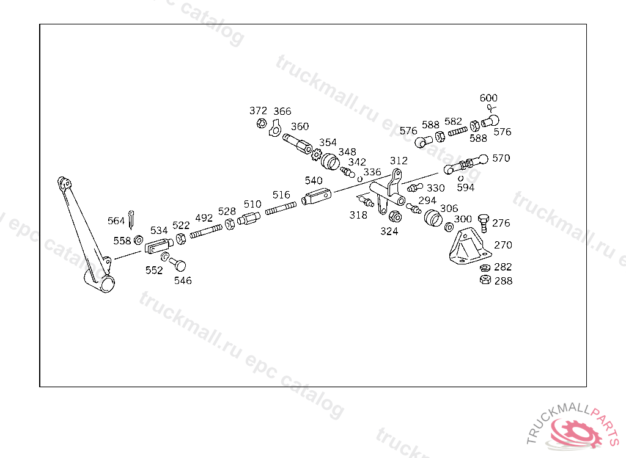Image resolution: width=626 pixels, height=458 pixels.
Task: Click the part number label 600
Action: [x=488, y=98]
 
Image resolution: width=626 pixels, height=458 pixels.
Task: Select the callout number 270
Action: [x=503, y=245]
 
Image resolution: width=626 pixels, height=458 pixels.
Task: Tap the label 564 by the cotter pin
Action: [x=116, y=221]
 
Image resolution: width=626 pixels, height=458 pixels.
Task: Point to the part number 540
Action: [x=314, y=181]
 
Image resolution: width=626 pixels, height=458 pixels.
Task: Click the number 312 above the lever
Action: [x=399, y=161]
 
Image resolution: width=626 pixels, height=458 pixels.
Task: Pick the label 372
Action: [x=258, y=111]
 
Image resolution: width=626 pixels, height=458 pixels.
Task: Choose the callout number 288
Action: [x=503, y=281]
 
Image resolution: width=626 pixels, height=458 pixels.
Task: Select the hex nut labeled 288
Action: [x=484, y=280]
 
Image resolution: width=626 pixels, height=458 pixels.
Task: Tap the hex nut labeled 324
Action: [x=395, y=217]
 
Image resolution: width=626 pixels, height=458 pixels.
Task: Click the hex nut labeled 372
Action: [x=261, y=124]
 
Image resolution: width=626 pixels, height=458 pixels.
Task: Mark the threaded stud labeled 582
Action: [x=457, y=131]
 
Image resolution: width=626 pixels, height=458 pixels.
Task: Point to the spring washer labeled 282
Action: [x=484, y=267]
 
